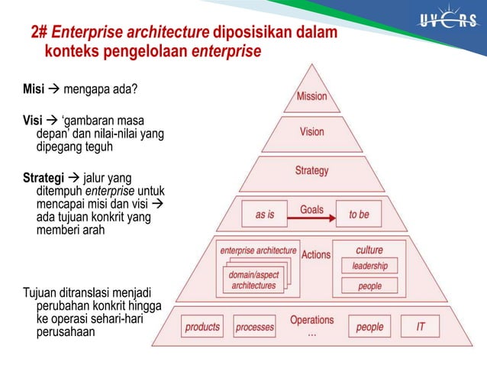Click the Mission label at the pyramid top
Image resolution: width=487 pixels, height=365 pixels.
[311, 96]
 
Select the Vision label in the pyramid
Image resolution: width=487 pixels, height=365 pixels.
[311, 131]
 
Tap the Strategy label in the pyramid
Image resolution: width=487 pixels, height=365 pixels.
[311, 170]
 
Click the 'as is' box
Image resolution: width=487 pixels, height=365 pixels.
[265, 215]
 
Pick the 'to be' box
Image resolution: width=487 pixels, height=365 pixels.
[359, 215]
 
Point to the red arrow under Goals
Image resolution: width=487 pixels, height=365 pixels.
[311, 220]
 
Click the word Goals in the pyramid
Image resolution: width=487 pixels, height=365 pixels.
[311, 208]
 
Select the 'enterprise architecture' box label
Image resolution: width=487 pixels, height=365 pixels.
[258, 250]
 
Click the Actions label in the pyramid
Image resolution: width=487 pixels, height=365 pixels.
[316, 254]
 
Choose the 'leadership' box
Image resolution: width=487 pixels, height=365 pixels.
[369, 266]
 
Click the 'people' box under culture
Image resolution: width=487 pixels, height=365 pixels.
[369, 286]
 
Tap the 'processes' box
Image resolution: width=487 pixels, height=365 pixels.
[254, 327]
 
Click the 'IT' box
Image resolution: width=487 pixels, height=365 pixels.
[421, 327]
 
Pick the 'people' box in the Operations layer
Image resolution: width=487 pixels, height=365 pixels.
[369, 327]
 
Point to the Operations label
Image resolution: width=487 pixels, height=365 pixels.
[311, 320]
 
